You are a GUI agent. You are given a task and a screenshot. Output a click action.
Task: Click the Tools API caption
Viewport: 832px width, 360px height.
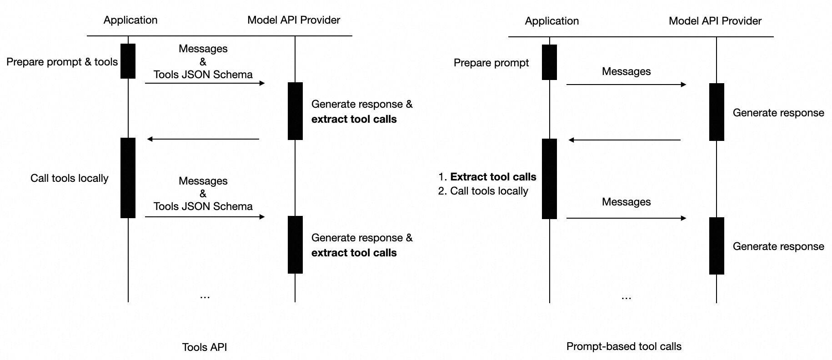(x=204, y=347)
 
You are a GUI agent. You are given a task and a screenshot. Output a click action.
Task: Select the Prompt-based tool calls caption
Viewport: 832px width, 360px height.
(x=623, y=346)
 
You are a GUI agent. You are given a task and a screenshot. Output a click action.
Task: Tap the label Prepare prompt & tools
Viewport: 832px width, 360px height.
(x=62, y=62)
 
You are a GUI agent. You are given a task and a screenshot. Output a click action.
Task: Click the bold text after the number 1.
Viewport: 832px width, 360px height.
(x=493, y=177)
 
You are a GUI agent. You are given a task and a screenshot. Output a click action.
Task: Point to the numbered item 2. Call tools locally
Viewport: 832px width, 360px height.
(x=483, y=191)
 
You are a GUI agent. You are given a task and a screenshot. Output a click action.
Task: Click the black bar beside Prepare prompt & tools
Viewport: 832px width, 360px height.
(x=128, y=61)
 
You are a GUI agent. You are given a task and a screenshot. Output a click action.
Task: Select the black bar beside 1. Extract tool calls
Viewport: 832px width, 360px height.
(x=549, y=179)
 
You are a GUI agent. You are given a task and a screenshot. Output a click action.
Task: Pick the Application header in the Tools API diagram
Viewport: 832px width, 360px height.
(x=130, y=20)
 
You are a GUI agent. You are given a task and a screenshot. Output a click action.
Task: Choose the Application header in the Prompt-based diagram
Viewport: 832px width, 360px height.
(x=551, y=21)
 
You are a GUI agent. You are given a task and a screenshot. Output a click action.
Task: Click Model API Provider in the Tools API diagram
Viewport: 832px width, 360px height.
(x=294, y=20)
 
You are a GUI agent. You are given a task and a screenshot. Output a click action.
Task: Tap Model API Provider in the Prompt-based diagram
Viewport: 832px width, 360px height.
(x=715, y=21)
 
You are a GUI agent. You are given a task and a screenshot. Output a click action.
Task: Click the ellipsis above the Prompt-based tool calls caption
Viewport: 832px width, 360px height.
(x=626, y=298)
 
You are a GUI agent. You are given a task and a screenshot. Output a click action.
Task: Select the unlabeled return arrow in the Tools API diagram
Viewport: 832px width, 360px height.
(x=203, y=139)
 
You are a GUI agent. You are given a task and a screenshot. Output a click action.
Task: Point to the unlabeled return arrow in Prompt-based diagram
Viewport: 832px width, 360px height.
(x=624, y=140)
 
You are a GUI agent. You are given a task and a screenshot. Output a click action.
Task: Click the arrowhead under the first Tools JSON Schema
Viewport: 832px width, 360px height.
(x=262, y=83)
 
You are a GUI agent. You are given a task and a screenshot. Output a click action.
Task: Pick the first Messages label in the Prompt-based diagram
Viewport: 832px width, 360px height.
(x=626, y=71)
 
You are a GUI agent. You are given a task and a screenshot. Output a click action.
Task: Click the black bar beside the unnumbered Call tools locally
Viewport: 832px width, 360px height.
(x=128, y=178)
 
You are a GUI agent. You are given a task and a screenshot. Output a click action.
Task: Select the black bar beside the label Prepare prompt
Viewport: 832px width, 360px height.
(x=549, y=62)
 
